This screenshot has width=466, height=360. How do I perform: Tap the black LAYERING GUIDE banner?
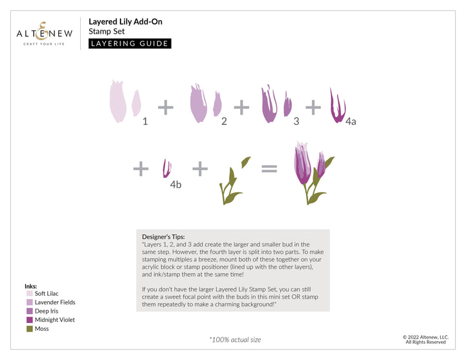click(x=129, y=44)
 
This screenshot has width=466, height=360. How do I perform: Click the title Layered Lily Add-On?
click(x=125, y=21)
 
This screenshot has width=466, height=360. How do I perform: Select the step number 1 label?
click(x=145, y=120)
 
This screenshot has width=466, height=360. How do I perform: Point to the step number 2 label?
click(x=224, y=120)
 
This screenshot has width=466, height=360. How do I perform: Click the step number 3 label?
click(x=296, y=120)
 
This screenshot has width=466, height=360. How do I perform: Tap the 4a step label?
click(x=350, y=121)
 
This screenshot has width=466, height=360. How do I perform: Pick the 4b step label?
click(x=175, y=185)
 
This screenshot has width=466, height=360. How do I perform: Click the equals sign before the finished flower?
click(x=269, y=170)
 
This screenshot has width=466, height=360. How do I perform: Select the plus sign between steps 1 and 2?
click(x=166, y=107)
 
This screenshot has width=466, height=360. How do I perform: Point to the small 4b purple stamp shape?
click(x=166, y=168)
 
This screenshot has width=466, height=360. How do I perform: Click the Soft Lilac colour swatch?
click(x=29, y=294)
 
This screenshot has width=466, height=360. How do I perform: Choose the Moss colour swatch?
click(x=29, y=329)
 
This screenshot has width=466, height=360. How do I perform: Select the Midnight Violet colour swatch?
click(x=29, y=320)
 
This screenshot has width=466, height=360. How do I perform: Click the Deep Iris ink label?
click(x=47, y=311)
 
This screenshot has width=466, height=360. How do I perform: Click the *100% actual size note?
click(x=235, y=339)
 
